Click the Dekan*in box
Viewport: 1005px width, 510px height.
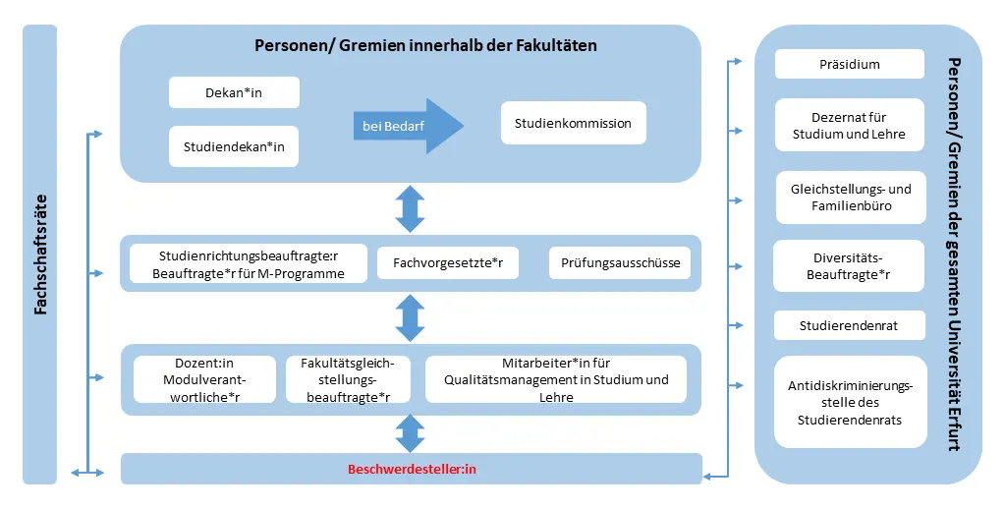234,92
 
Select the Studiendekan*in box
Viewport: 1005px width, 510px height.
234,146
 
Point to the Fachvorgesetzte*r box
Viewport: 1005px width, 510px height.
447,263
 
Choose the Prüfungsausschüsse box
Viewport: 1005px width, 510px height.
619,263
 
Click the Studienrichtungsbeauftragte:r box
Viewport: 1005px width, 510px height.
249,263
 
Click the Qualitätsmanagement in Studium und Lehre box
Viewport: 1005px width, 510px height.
555,379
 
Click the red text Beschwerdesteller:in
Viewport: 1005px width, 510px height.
412,470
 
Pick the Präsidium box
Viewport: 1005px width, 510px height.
849,64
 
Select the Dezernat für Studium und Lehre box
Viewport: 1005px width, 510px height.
849,125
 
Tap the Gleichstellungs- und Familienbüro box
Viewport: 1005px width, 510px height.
850,198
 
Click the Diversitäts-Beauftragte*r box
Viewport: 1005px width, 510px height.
849,266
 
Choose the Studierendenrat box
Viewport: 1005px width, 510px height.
849,325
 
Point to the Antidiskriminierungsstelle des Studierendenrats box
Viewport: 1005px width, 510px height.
850,402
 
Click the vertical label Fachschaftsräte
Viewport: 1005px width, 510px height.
40,255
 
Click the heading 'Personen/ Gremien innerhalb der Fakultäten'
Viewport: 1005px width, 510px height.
425,45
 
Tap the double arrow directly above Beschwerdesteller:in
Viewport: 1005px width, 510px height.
410,433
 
